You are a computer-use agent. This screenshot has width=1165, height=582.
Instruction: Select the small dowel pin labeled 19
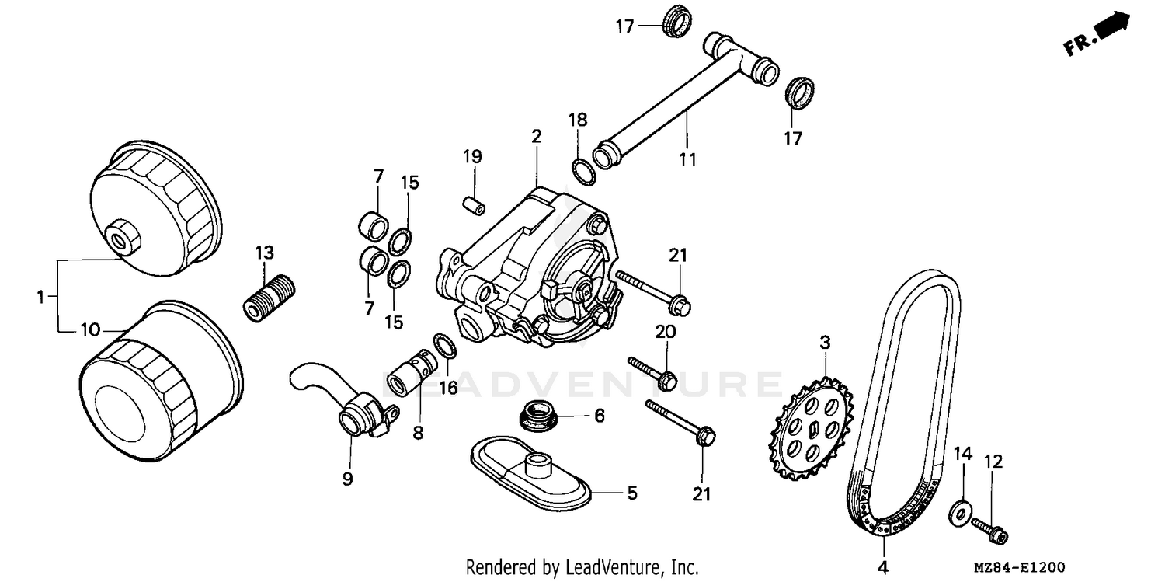[472, 204]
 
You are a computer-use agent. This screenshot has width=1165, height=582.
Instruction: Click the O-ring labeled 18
[583, 169]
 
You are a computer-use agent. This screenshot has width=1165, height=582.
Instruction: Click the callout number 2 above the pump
[536, 137]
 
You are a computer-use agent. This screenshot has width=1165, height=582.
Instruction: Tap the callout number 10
[89, 330]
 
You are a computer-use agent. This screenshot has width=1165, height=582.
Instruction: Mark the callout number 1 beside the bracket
[40, 296]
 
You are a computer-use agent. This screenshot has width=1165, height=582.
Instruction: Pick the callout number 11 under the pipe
[687, 159]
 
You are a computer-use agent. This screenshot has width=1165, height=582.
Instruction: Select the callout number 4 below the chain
[882, 567]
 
